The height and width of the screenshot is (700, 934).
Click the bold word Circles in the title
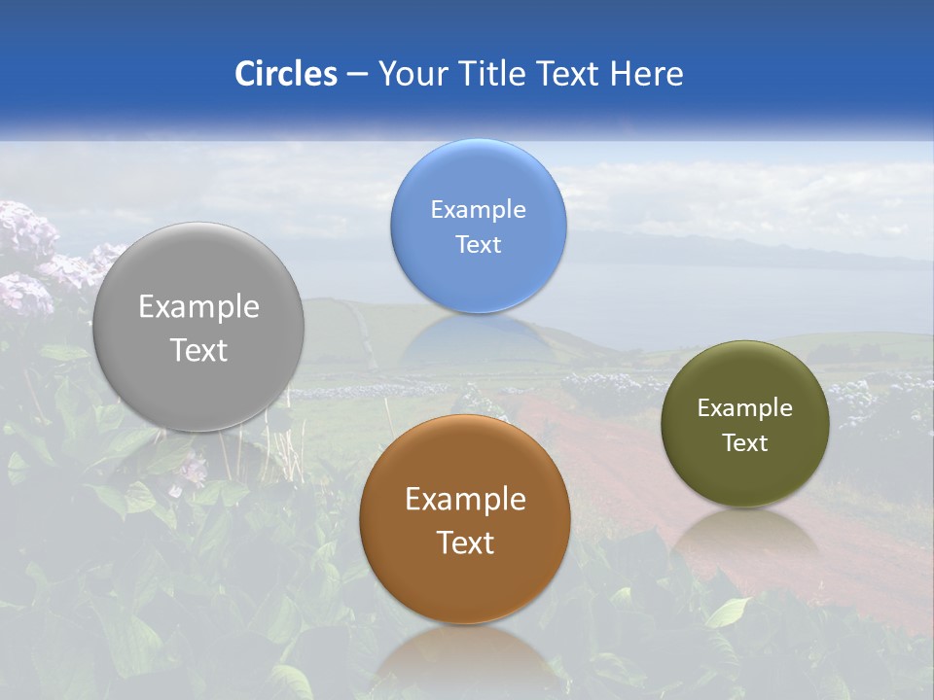tap(285, 74)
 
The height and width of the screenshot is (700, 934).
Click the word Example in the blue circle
tap(478, 209)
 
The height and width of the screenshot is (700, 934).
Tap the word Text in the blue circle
tap(478, 244)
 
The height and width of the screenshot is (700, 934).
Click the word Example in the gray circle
tap(198, 307)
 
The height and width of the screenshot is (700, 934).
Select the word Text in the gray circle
tap(198, 350)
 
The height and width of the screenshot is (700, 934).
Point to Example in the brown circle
tap(465, 499)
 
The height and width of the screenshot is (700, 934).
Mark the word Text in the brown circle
tap(465, 542)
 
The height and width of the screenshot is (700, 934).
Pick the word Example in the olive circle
tap(745, 407)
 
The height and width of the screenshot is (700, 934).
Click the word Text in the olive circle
tap(745, 442)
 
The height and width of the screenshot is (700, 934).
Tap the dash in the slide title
tap(356, 74)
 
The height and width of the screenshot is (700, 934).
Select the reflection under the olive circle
tap(745, 535)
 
